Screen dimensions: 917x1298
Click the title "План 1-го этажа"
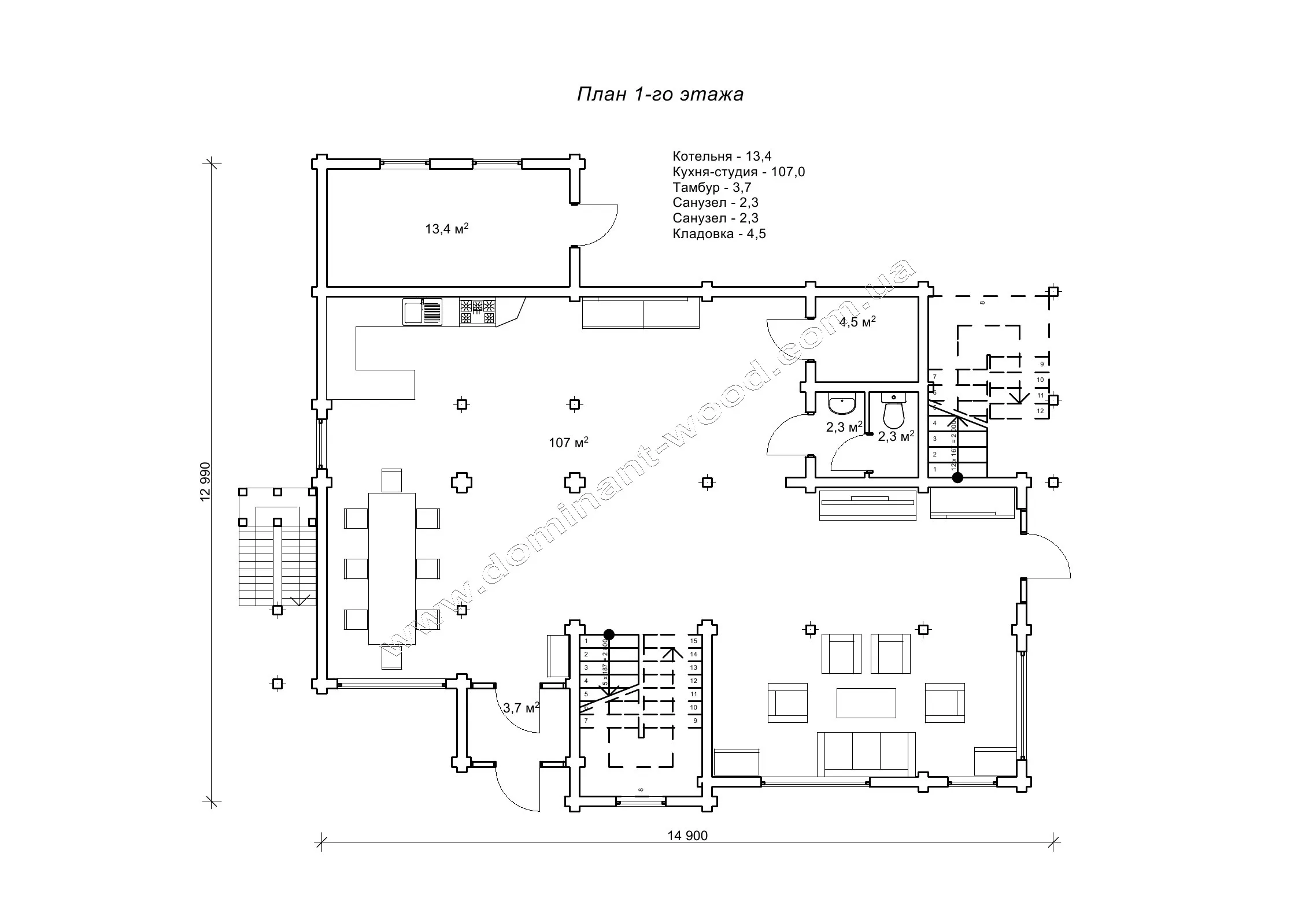[x=660, y=94]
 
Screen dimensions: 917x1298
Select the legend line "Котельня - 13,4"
[x=722, y=156]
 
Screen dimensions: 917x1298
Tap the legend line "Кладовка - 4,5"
[x=719, y=233]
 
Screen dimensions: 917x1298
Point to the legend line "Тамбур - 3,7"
[x=711, y=187]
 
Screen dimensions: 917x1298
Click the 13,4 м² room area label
[x=446, y=229]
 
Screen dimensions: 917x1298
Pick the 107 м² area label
[x=568, y=443]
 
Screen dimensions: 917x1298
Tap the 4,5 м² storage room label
[x=857, y=322]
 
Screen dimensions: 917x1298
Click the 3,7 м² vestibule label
[x=521, y=707]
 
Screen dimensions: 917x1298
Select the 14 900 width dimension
[x=687, y=836]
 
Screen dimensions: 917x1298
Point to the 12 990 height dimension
[x=206, y=482]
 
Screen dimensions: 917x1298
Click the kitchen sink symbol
[x=422, y=312]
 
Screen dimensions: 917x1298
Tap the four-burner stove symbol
[x=478, y=312]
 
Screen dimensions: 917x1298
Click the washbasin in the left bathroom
[x=841, y=404]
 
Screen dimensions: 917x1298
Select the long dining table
[x=391, y=568]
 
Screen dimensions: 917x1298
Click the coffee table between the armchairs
[x=866, y=703]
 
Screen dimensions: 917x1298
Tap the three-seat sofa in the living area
[x=866, y=755]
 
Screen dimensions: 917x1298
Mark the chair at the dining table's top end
[x=391, y=480]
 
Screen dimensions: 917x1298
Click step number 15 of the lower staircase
[x=694, y=641]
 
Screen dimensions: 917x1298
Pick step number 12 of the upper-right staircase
[x=1041, y=411]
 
